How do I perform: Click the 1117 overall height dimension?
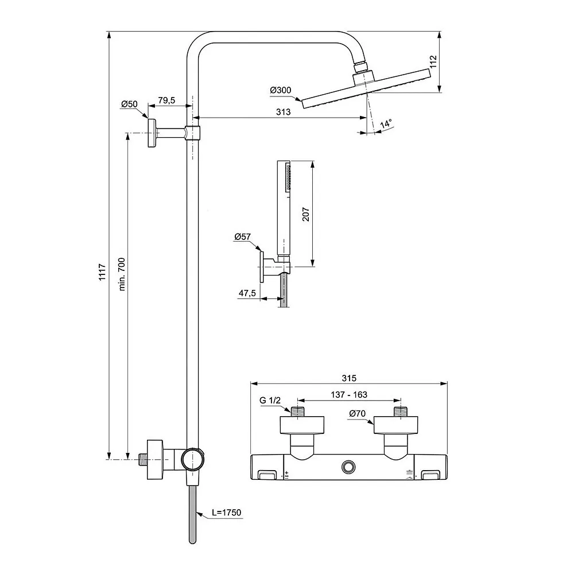point(102,272)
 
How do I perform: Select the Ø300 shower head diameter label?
point(281,90)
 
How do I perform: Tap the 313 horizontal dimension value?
point(284,112)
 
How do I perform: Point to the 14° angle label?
point(386,123)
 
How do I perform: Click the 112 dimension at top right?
point(433,61)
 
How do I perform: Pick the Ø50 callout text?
point(129,104)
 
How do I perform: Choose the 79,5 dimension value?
point(166,100)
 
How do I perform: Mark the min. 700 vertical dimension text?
point(122,274)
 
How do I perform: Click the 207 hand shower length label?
point(306,214)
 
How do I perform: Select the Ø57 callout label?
point(243,237)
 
